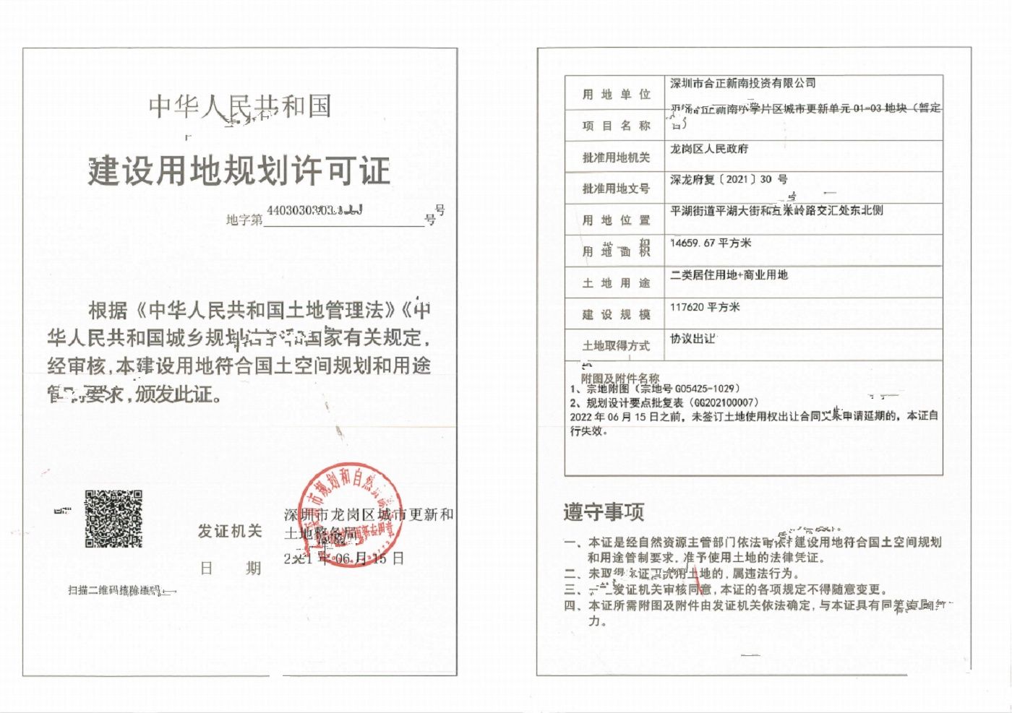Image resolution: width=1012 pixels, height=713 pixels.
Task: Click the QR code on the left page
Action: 113,519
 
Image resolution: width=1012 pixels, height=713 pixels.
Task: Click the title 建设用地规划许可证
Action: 239,170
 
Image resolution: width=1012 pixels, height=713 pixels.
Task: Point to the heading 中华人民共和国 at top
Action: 240,107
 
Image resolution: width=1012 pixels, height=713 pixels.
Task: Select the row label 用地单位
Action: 616,95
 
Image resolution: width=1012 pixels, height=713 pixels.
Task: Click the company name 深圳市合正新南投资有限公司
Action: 742,83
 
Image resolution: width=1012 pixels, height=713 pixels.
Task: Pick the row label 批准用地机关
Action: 616,157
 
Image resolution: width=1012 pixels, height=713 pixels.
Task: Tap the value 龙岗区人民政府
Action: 709,149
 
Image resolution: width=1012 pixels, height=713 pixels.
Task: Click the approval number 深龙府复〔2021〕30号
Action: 729,179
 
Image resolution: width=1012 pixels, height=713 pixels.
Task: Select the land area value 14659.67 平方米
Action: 711,243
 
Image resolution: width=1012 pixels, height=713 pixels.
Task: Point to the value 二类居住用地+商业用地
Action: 729,275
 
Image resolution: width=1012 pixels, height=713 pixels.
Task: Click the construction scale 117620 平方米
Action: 705,307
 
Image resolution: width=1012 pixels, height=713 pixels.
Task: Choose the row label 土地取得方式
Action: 616,346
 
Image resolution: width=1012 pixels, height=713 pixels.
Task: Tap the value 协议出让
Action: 692,338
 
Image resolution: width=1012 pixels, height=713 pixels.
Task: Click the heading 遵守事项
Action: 604,512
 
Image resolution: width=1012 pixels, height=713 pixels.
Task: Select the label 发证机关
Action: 230,532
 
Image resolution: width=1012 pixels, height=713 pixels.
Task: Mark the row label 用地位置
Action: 616,220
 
